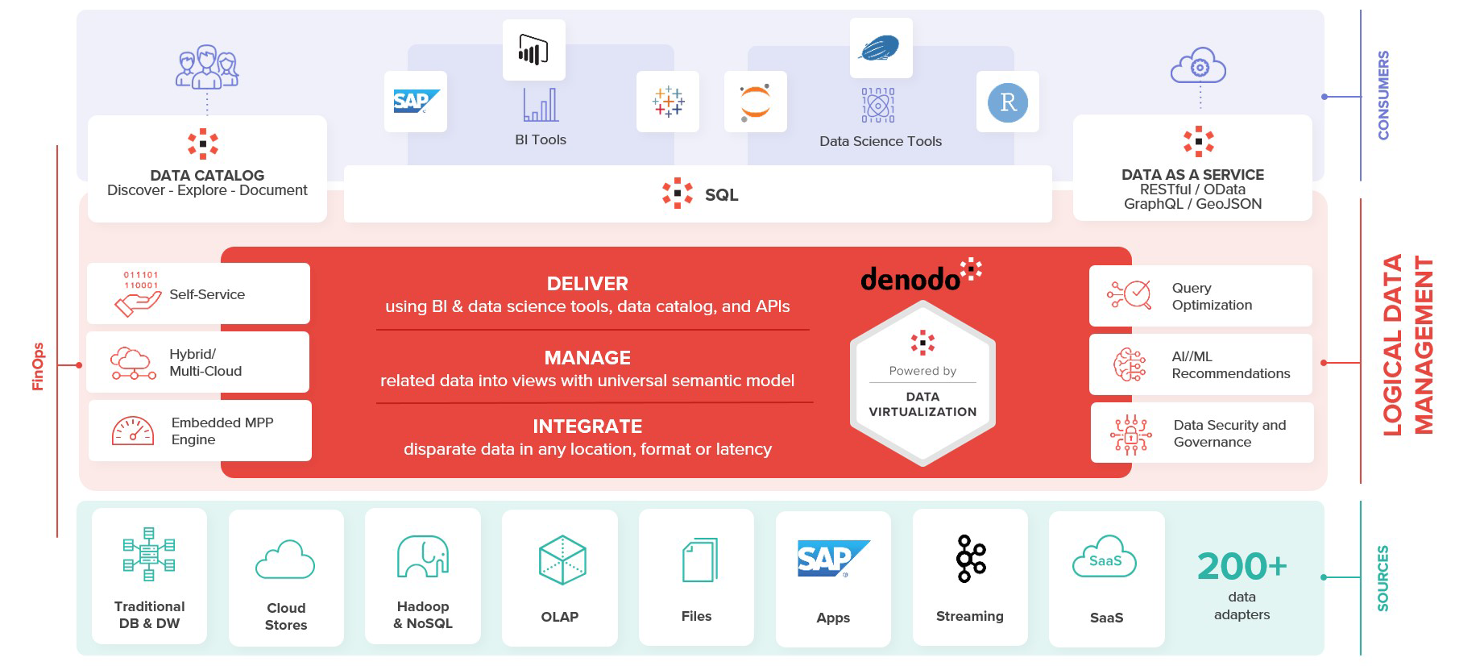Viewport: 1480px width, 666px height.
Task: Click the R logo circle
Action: (x=1007, y=102)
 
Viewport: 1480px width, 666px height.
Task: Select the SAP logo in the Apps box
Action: (x=833, y=559)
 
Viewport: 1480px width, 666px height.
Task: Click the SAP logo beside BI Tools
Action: (x=416, y=102)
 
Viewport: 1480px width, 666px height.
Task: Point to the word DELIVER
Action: (x=587, y=284)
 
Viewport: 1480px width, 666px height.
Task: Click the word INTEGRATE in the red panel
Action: (x=587, y=427)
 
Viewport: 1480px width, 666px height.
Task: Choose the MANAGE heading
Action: (x=587, y=358)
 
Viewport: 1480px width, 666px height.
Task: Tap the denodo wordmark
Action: (x=911, y=280)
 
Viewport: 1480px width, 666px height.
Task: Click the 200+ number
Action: (x=1242, y=566)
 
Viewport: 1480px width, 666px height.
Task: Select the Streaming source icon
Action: (x=970, y=559)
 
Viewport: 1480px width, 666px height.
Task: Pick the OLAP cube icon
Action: (x=562, y=560)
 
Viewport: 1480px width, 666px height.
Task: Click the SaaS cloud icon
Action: (x=1105, y=558)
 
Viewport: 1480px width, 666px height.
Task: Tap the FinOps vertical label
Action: (x=38, y=366)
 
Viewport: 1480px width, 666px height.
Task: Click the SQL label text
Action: (x=721, y=195)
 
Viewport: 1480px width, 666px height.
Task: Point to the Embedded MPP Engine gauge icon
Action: (x=133, y=431)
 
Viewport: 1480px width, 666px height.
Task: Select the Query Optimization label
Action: (x=1212, y=297)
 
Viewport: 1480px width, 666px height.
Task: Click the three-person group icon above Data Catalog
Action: (x=207, y=67)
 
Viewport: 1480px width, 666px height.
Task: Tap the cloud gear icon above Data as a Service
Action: (x=1198, y=66)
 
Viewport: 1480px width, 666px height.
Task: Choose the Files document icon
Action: (x=699, y=560)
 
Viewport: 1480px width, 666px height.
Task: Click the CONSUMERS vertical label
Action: (x=1383, y=95)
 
